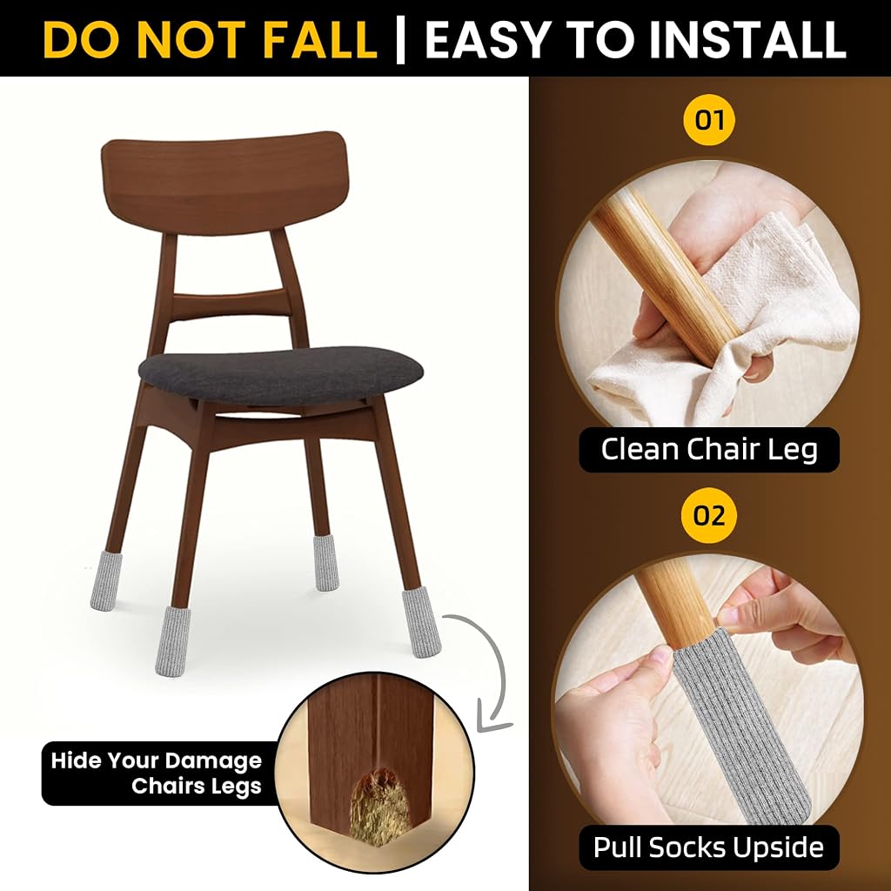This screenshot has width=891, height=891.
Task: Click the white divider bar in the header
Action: (x=400, y=40)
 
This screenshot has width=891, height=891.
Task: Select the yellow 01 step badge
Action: (x=709, y=120)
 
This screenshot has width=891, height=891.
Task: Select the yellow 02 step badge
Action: (x=709, y=515)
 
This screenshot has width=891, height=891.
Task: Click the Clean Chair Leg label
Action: (x=709, y=450)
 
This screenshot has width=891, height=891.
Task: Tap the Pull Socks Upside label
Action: (x=708, y=847)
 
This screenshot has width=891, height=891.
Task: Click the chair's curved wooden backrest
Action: (x=224, y=182)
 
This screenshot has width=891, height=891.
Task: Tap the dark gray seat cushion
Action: (x=280, y=375)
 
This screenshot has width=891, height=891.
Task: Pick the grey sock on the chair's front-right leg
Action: (x=422, y=624)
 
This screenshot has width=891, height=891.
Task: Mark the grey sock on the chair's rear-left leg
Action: (x=103, y=579)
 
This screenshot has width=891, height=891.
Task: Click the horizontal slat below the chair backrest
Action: (x=230, y=305)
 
